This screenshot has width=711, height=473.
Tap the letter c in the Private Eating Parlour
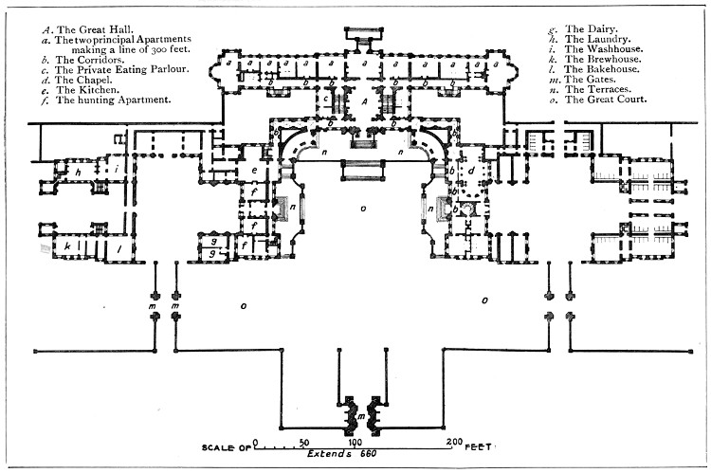tap(325, 98)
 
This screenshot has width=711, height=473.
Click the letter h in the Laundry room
tap(80, 173)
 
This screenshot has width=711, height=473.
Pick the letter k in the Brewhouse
tap(68, 245)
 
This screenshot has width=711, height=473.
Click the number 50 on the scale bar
tap(304, 442)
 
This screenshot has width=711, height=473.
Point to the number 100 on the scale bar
tap(355, 442)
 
